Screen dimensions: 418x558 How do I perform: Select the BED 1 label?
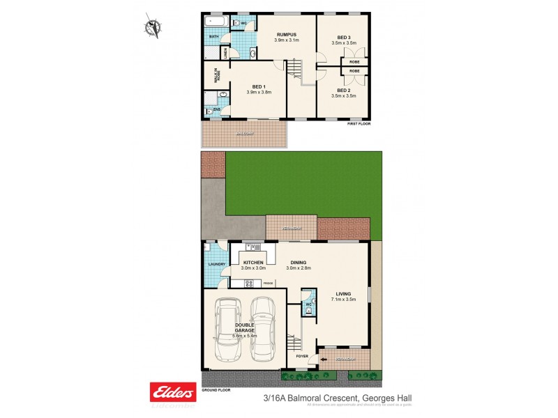tap(258, 86)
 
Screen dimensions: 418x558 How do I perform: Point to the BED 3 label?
tap(343, 36)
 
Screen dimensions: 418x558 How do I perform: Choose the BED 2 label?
tap(343, 90)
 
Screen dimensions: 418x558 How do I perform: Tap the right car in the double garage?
tap(263, 330)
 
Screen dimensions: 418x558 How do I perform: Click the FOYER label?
tap(301, 355)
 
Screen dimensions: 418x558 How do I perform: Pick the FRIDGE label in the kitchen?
tap(267, 283)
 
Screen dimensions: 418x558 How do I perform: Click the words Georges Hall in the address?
tap(395, 398)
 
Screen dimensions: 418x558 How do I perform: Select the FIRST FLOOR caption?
tap(359, 123)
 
